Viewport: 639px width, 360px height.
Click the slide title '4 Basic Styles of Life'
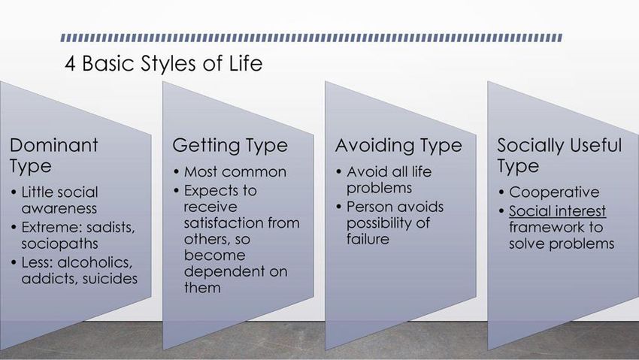pos(163,64)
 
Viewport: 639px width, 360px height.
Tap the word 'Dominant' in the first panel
pos(54,145)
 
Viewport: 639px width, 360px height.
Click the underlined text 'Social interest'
pos(558,211)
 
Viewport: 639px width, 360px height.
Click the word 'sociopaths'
pos(59,244)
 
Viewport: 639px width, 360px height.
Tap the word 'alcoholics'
pos(95,262)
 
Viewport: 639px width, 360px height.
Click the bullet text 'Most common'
pos(235,172)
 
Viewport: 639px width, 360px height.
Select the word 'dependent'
pos(224,271)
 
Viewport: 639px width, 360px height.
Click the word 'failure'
pos(368,239)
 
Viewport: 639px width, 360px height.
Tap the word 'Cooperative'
pos(554,192)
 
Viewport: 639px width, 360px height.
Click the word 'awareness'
pos(59,208)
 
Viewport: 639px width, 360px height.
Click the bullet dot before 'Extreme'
pos(14,227)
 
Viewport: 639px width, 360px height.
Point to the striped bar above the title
pos(311,38)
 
